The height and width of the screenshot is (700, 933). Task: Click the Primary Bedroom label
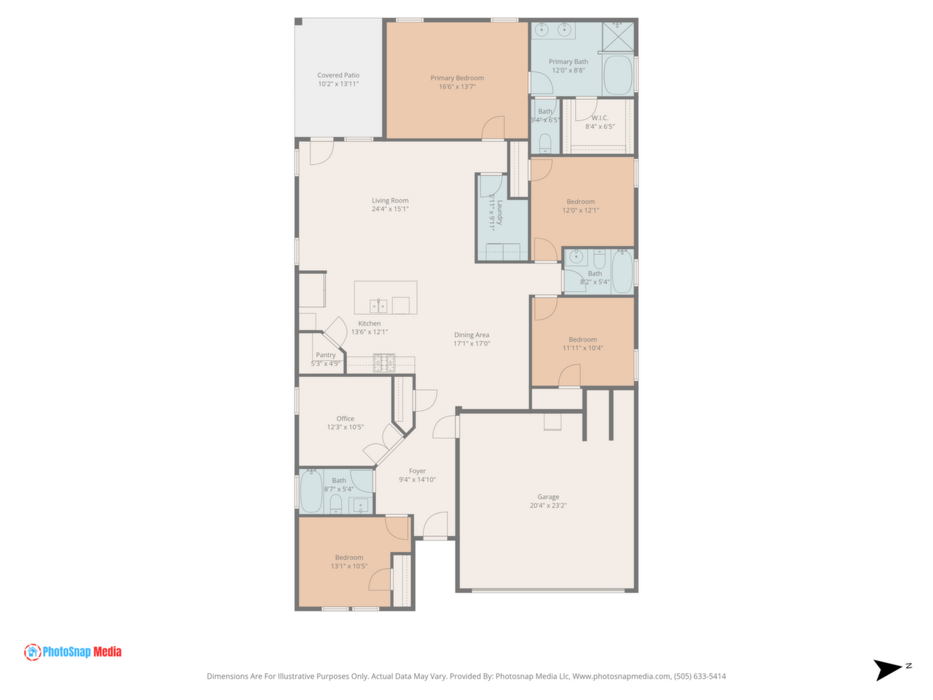point(457,78)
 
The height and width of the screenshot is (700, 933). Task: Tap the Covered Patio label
point(338,75)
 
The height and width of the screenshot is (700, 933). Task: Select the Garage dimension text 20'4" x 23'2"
point(548,505)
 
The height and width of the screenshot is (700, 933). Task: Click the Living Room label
point(390,201)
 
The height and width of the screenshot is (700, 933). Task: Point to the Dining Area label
point(472,335)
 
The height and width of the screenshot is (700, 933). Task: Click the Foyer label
point(417,471)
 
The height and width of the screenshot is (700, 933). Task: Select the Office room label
point(346,419)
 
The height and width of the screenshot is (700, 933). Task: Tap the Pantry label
point(326,355)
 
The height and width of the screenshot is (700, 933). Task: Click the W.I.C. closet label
point(600,117)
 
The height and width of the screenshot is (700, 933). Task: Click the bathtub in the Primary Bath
point(618,75)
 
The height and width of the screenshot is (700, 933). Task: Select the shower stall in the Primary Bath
point(618,37)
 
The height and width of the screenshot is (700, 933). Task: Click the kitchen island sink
point(378,306)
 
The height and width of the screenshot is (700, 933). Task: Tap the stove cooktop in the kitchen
point(384,363)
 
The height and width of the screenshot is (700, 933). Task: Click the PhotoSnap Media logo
point(73,652)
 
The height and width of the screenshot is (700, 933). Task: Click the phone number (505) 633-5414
point(700,676)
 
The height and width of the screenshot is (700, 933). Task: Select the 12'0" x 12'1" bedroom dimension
point(581,210)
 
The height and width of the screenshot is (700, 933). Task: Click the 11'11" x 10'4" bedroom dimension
point(582,348)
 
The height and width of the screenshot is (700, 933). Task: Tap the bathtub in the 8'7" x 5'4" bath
point(311,491)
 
